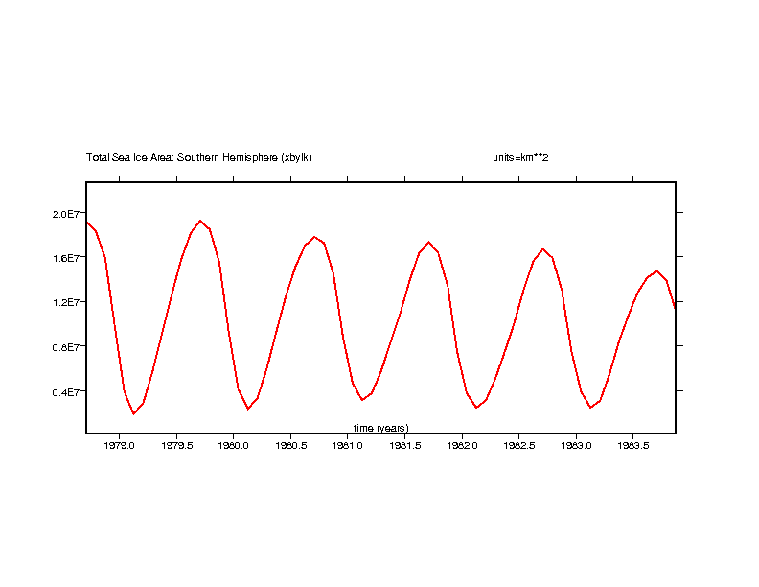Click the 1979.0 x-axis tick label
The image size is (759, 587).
(x=119, y=445)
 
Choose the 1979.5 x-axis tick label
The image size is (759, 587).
(x=176, y=445)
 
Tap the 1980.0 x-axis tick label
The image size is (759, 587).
(x=233, y=445)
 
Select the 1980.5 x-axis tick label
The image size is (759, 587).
(x=290, y=445)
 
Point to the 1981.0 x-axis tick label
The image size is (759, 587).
(x=347, y=445)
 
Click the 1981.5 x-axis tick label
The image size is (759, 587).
(x=404, y=445)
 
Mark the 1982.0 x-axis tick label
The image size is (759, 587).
(x=462, y=445)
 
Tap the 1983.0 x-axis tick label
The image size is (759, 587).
(x=576, y=445)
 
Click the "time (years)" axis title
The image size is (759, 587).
(x=380, y=428)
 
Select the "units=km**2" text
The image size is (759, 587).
(x=519, y=157)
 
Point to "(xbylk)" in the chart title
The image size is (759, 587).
(x=296, y=157)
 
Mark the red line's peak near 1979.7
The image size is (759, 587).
(x=200, y=221)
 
